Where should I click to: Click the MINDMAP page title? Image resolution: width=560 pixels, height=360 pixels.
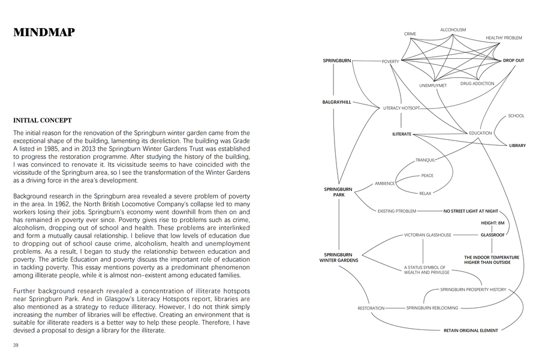[44, 33]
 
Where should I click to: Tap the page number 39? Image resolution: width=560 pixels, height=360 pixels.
[16, 345]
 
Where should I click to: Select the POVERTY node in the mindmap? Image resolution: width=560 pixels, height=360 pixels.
[390, 61]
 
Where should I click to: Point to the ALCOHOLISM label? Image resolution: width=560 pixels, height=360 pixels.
[453, 30]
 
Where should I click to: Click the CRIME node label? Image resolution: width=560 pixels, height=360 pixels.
[410, 34]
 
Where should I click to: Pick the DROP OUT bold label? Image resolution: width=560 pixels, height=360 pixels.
[513, 61]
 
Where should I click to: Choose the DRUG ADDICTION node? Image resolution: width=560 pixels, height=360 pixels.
[477, 83]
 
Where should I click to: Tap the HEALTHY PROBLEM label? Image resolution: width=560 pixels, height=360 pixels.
[504, 38]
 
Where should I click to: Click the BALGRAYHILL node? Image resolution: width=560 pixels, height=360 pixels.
[337, 103]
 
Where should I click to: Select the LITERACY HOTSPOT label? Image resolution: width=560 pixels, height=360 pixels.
[402, 108]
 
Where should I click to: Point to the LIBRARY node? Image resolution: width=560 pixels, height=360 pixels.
[517, 145]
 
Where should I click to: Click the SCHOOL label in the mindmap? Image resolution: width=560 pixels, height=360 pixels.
[516, 116]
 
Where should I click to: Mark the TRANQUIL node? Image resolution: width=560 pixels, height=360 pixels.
[425, 160]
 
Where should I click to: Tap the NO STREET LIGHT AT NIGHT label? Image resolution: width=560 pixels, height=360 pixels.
[471, 211]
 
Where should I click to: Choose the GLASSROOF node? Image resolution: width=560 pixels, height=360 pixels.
[492, 235]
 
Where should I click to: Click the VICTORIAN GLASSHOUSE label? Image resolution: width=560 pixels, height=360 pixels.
[427, 235]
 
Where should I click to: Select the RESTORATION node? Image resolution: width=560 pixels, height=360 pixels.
[371, 308]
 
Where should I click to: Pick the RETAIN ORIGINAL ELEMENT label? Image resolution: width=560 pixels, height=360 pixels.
[471, 331]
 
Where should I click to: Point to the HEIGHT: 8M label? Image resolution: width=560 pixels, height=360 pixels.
[493, 223]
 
